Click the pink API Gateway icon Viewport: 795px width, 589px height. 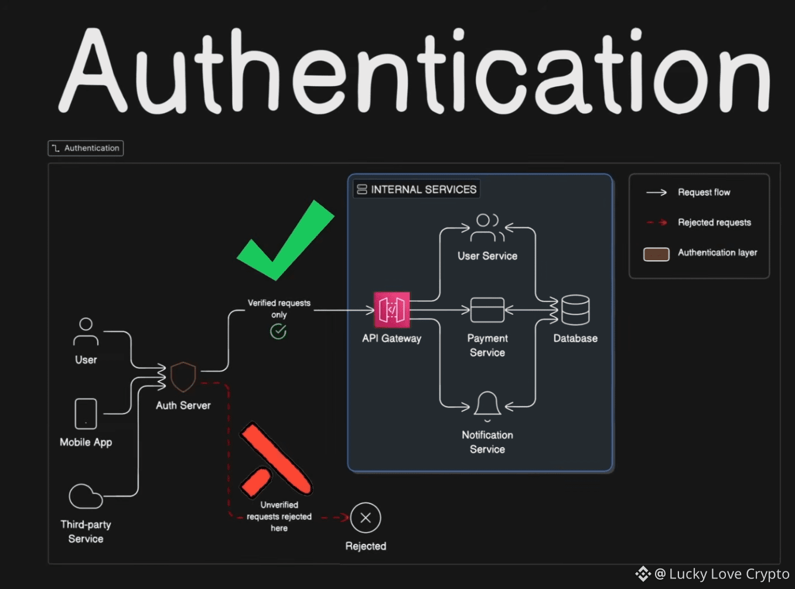point(392,310)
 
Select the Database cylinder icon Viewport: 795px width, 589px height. point(575,310)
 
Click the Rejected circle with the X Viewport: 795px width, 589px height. point(365,517)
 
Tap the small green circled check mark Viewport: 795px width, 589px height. point(278,332)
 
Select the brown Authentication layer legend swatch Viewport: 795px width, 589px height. point(656,254)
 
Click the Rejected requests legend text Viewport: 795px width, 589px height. point(714,222)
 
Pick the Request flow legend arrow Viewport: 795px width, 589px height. point(656,193)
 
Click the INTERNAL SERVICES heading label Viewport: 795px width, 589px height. point(424,189)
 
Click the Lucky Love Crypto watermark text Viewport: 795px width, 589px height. point(729,574)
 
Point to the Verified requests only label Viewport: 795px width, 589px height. point(279,308)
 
